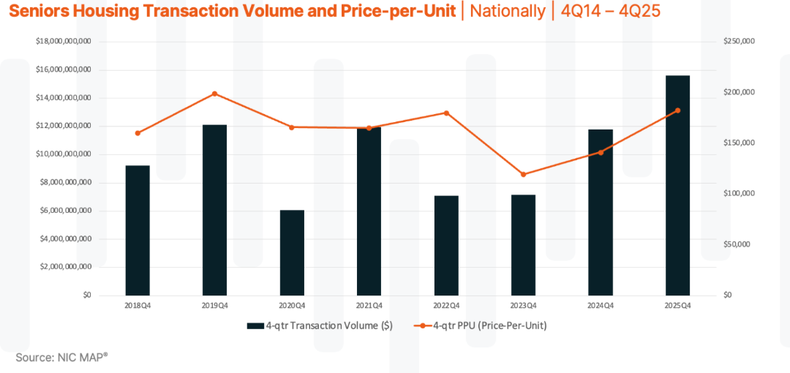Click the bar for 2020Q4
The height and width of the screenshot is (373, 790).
(292, 252)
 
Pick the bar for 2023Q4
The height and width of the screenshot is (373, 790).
(523, 245)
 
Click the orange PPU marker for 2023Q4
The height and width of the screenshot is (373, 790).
(523, 174)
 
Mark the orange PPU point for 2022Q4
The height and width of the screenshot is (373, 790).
(446, 113)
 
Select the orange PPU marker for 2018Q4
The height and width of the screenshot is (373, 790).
(138, 133)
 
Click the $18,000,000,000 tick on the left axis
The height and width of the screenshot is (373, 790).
(63, 42)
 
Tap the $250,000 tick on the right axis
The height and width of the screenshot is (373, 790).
(737, 42)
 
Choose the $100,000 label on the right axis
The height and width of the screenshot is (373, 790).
(737, 194)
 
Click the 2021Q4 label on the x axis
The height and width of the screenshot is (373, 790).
(369, 306)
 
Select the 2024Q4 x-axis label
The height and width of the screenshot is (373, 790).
(600, 306)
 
